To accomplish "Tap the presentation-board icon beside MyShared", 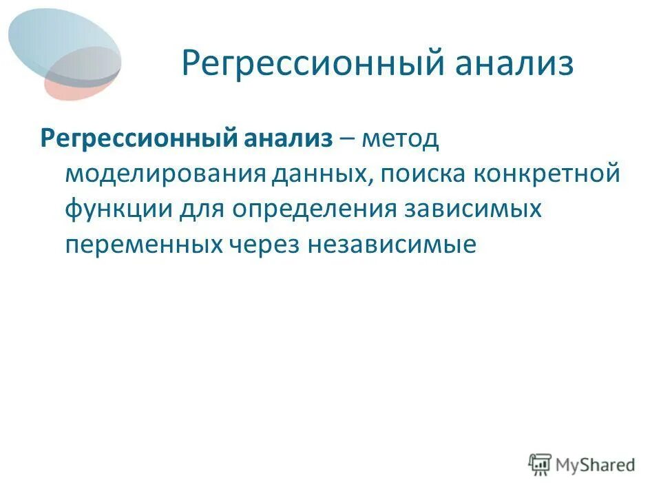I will (540, 465).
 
